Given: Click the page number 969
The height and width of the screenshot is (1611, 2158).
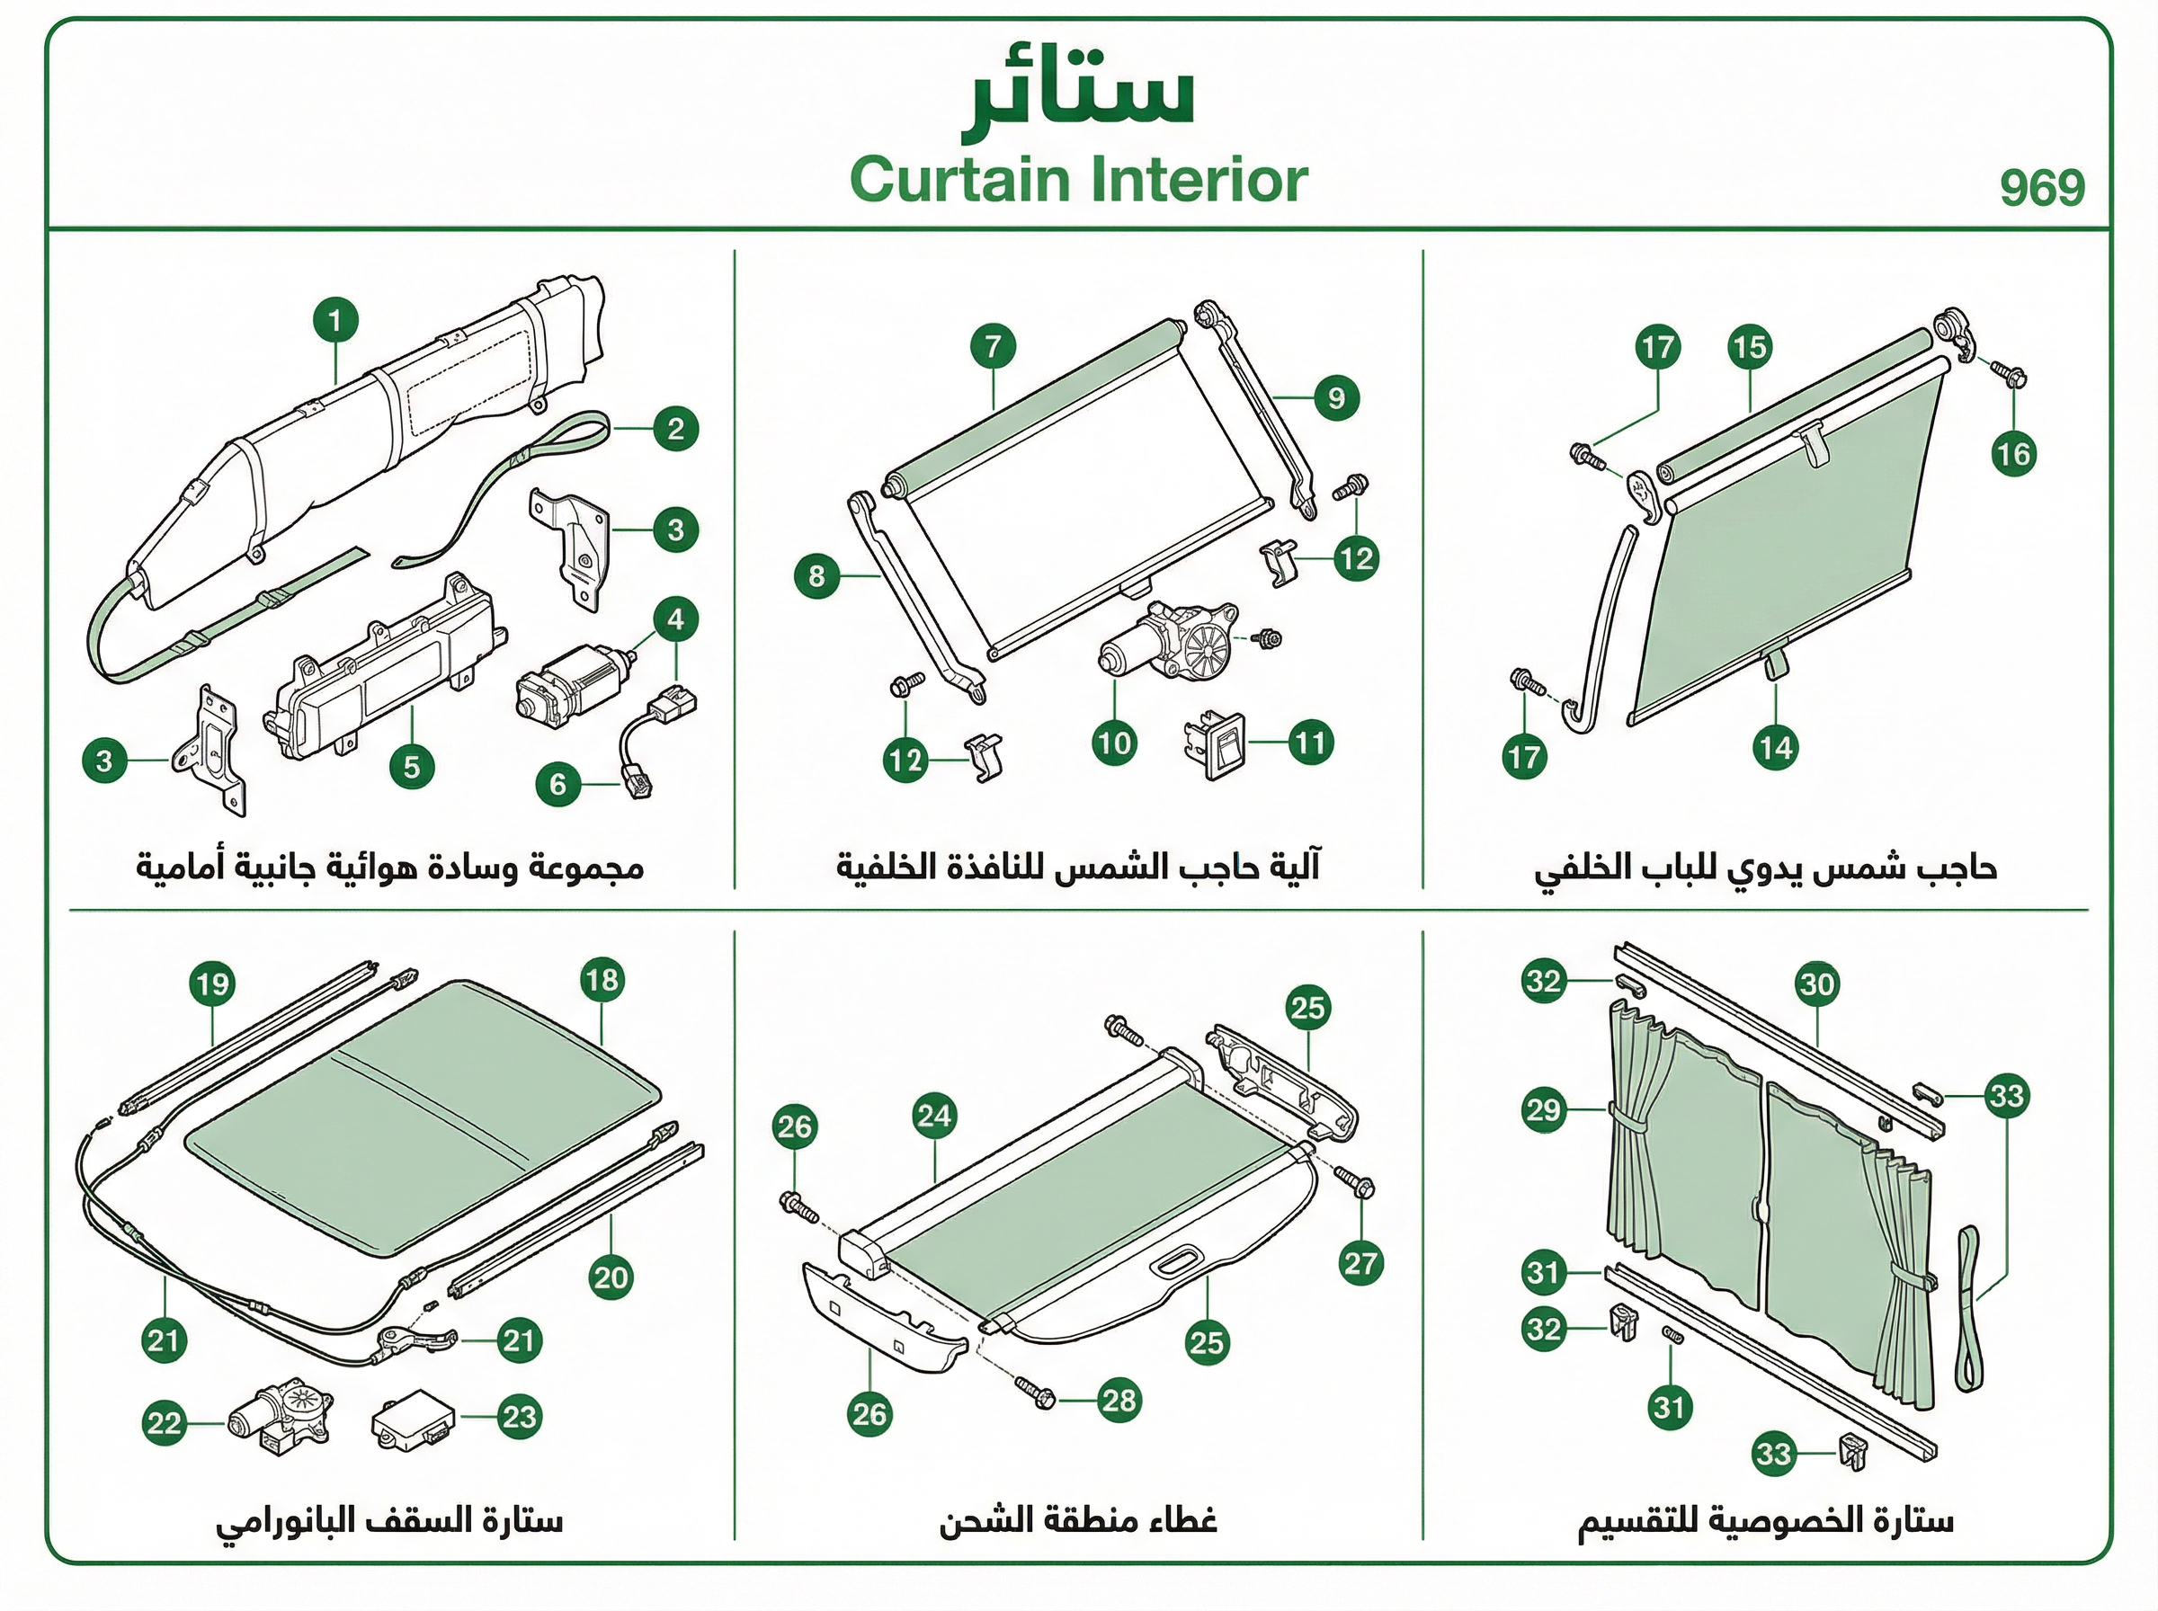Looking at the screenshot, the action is (x=2042, y=187).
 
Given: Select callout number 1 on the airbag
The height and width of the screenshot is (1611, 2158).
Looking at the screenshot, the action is (x=335, y=321).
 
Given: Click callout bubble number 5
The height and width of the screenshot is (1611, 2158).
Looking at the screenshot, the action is (x=412, y=767).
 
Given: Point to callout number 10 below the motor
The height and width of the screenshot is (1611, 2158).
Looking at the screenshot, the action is (x=1115, y=744).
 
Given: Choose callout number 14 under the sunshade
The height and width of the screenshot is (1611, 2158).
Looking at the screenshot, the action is (x=1775, y=748).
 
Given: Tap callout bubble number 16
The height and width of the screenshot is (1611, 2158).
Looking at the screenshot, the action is (x=2013, y=453).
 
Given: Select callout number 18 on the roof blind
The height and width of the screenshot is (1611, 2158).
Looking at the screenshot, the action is (x=602, y=979).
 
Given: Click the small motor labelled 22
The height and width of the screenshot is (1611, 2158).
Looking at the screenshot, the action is (x=281, y=1415).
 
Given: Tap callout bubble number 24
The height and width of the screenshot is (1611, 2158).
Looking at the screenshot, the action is (x=934, y=1116).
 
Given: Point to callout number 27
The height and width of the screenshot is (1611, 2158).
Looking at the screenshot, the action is (x=1360, y=1264).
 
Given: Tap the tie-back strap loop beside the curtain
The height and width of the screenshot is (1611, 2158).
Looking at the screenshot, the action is (x=1969, y=1307).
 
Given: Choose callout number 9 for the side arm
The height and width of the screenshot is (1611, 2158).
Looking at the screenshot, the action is (x=1336, y=398).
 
